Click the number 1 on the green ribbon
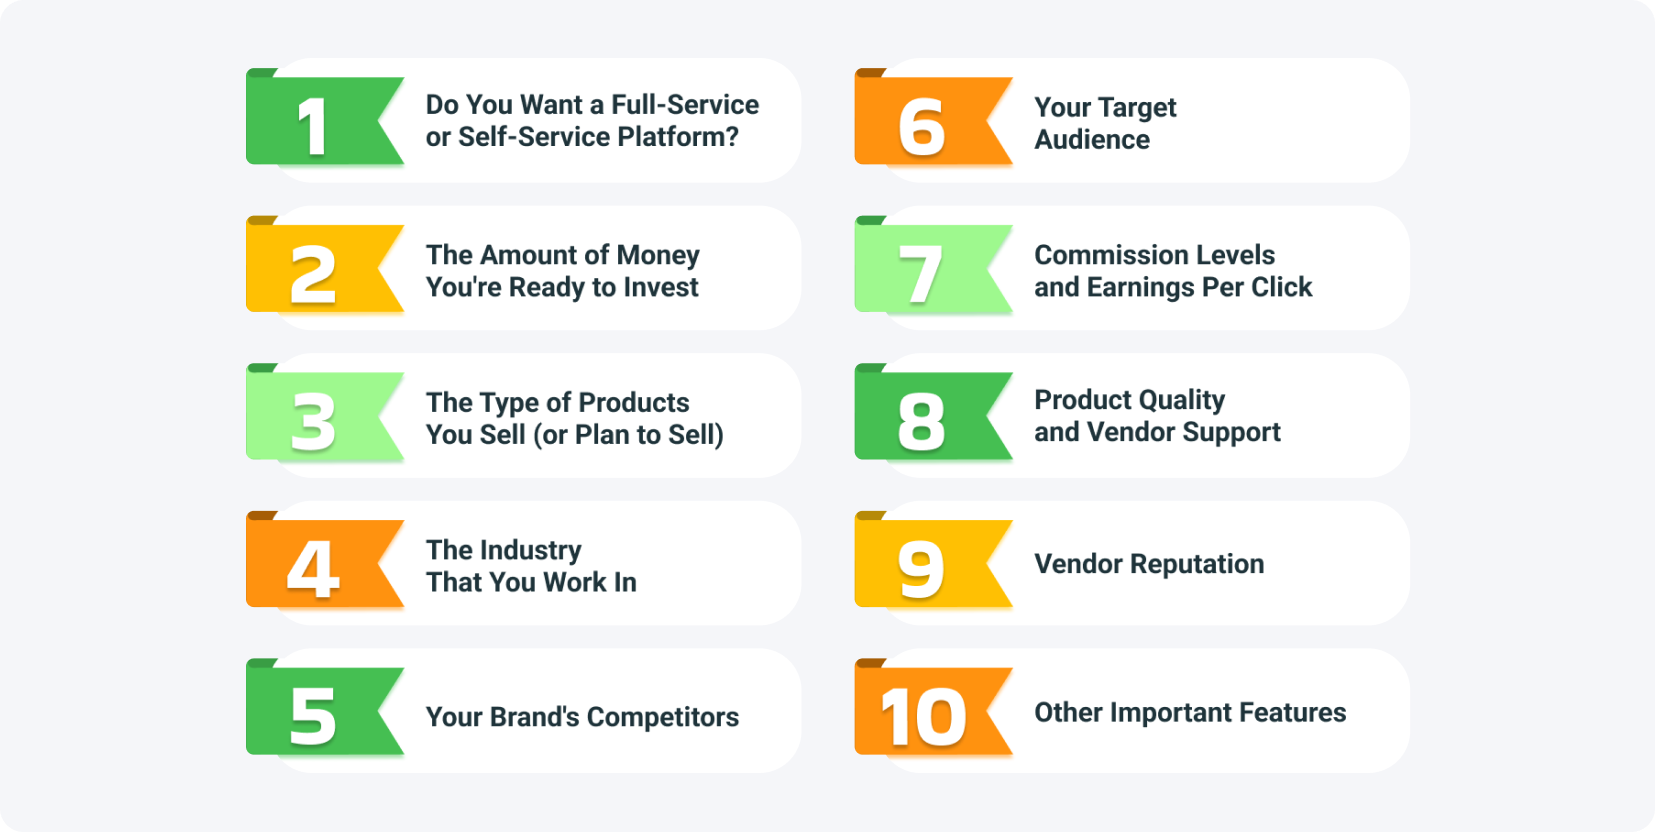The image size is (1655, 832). click(x=313, y=127)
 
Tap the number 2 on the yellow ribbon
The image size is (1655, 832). click(x=313, y=275)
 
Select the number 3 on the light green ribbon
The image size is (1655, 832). click(x=313, y=422)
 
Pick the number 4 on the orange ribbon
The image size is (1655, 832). click(x=313, y=569)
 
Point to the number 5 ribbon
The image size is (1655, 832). click(x=313, y=716)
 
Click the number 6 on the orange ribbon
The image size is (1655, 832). click(x=921, y=127)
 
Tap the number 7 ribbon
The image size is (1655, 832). click(x=921, y=275)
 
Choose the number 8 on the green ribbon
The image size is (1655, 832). click(x=921, y=422)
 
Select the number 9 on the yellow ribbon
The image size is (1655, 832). click(x=921, y=569)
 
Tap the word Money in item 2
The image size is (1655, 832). click(x=657, y=256)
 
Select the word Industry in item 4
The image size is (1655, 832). click(x=530, y=551)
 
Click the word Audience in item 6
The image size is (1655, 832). click(x=1092, y=140)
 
